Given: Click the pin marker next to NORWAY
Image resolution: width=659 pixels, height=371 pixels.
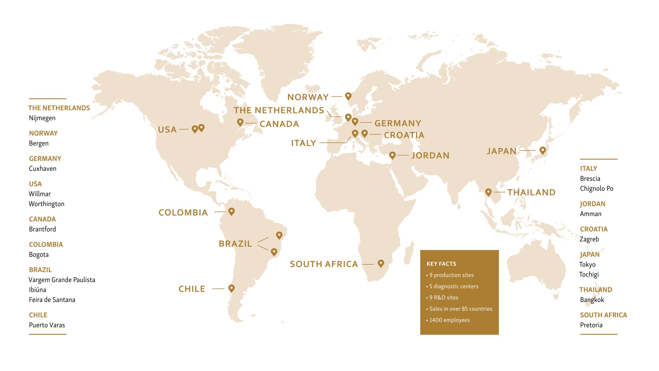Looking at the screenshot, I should point(348,96).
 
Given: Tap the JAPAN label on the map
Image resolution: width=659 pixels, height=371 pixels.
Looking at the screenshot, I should point(501,151).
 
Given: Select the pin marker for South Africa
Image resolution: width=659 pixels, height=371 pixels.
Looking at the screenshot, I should point(381,263).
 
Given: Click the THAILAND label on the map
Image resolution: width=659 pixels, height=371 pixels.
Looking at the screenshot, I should point(532,192).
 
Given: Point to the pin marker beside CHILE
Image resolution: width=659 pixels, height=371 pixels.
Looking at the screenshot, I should point(231,288).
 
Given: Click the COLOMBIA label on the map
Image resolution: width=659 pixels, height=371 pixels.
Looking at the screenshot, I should point(183,213).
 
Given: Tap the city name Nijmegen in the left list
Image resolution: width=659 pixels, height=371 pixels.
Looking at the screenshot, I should point(42,118).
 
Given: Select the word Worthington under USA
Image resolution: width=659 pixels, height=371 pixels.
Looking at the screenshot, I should point(47,204).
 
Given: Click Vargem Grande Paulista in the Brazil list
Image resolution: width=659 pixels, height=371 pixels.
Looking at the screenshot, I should point(62,280).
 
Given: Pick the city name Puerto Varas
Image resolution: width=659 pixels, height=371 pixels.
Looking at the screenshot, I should point(47,325).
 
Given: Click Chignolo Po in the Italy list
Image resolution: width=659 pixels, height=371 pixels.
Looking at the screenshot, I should point(596,189).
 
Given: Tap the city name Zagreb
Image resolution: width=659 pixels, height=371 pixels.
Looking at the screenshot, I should point(589,239).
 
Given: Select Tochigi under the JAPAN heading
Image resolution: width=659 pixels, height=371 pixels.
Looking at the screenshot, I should point(589,274).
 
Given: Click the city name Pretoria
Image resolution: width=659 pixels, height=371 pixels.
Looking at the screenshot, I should point(591,325).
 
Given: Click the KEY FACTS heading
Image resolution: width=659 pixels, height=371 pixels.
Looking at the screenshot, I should point(441,264).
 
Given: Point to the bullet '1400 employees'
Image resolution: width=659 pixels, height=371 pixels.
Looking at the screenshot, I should point(449,320).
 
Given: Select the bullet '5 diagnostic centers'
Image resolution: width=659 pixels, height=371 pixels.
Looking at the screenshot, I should point(454,286).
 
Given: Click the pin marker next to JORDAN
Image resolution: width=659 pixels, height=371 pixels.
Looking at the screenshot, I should point(392,155).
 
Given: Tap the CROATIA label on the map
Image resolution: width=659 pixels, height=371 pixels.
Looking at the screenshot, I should point(404,135).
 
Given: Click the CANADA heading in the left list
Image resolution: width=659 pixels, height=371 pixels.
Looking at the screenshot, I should point(42,219).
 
